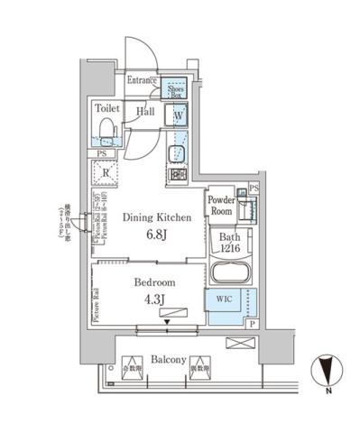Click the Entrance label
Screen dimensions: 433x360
click(143, 81)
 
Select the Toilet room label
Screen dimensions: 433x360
click(107, 107)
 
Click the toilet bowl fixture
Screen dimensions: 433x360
click(106, 133)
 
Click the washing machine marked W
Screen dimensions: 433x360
click(179, 116)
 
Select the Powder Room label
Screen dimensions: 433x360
click(221, 204)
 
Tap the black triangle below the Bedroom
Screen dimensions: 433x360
click(169, 318)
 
